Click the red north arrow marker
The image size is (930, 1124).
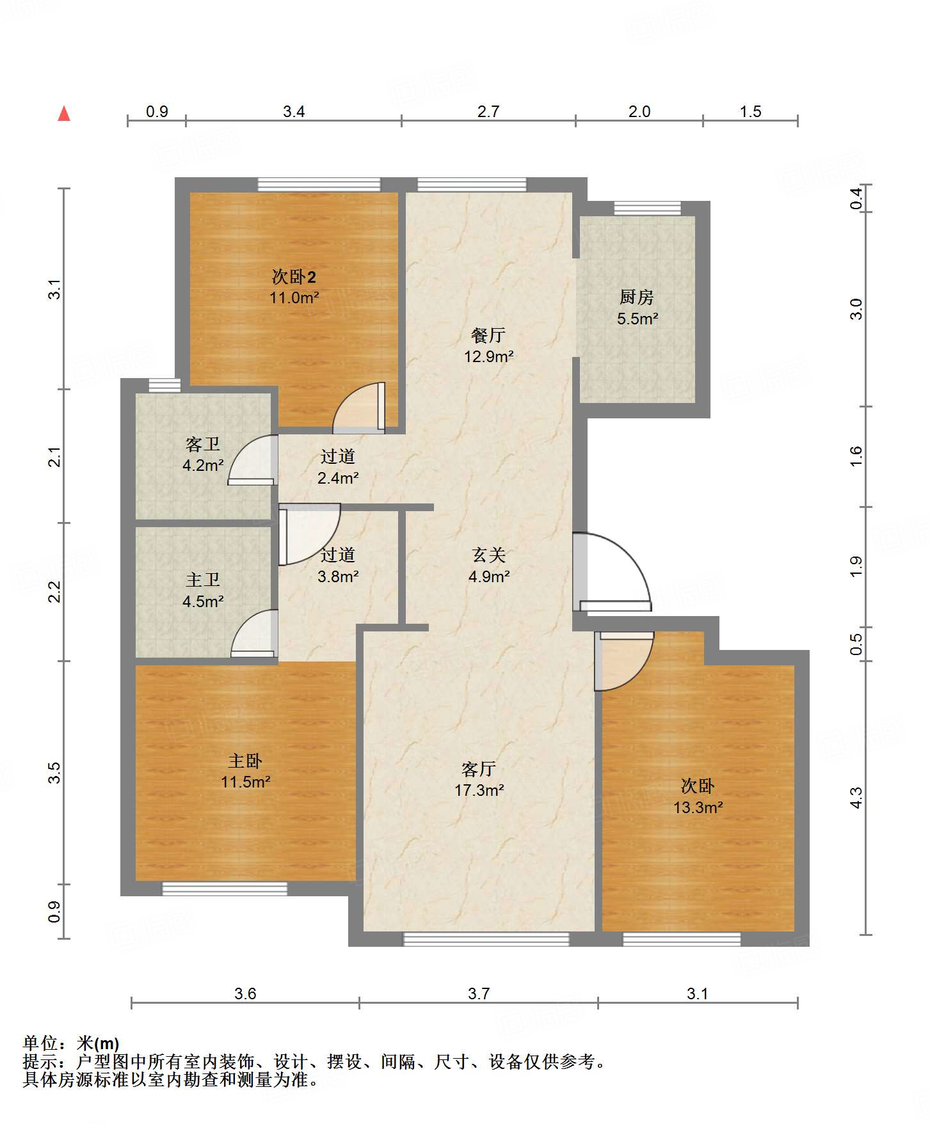pyautogui.click(x=64, y=113)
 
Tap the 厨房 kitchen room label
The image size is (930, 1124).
pyautogui.click(x=636, y=297)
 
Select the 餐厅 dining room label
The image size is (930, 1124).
pyautogui.click(x=488, y=335)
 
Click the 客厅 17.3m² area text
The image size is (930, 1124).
pyautogui.click(x=479, y=790)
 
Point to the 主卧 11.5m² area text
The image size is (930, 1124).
pyautogui.click(x=245, y=782)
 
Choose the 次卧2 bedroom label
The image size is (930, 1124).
pyautogui.click(x=294, y=277)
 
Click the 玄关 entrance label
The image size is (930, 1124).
pyautogui.click(x=489, y=555)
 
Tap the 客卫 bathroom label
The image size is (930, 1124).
pyautogui.click(x=203, y=444)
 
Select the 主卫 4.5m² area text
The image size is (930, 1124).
pyautogui.click(x=203, y=601)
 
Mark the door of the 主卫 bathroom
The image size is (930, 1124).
pyautogui.click(x=255, y=633)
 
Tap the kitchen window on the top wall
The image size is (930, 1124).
pyautogui.click(x=647, y=208)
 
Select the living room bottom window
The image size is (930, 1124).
pyautogui.click(x=486, y=939)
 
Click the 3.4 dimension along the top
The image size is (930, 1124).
pyautogui.click(x=294, y=111)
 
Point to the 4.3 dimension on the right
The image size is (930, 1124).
pyautogui.click(x=856, y=798)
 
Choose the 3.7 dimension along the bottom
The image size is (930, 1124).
pyautogui.click(x=479, y=993)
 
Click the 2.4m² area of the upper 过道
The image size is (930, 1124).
pyautogui.click(x=338, y=478)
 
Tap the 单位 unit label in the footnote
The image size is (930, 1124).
pyautogui.click(x=40, y=1043)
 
